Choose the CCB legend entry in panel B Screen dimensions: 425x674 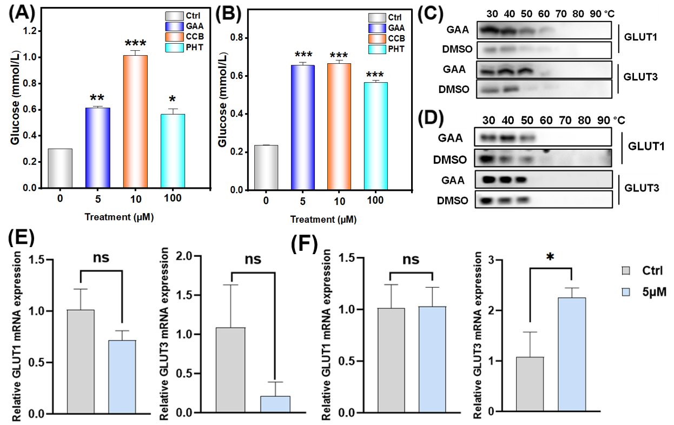point(391,39)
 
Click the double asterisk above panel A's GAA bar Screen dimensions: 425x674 point(97,98)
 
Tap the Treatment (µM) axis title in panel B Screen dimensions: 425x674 point(323,220)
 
